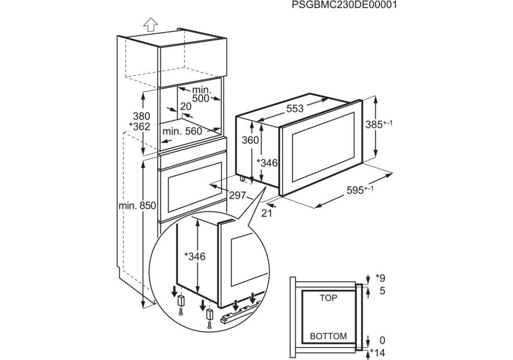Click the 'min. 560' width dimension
click(x=182, y=131)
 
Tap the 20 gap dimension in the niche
click(x=186, y=106)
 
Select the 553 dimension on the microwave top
click(x=295, y=109)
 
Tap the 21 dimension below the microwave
click(x=266, y=213)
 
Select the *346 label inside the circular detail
click(x=194, y=256)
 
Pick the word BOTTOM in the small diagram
click(x=328, y=336)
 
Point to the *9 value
click(x=380, y=278)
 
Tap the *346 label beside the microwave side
click(x=267, y=163)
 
